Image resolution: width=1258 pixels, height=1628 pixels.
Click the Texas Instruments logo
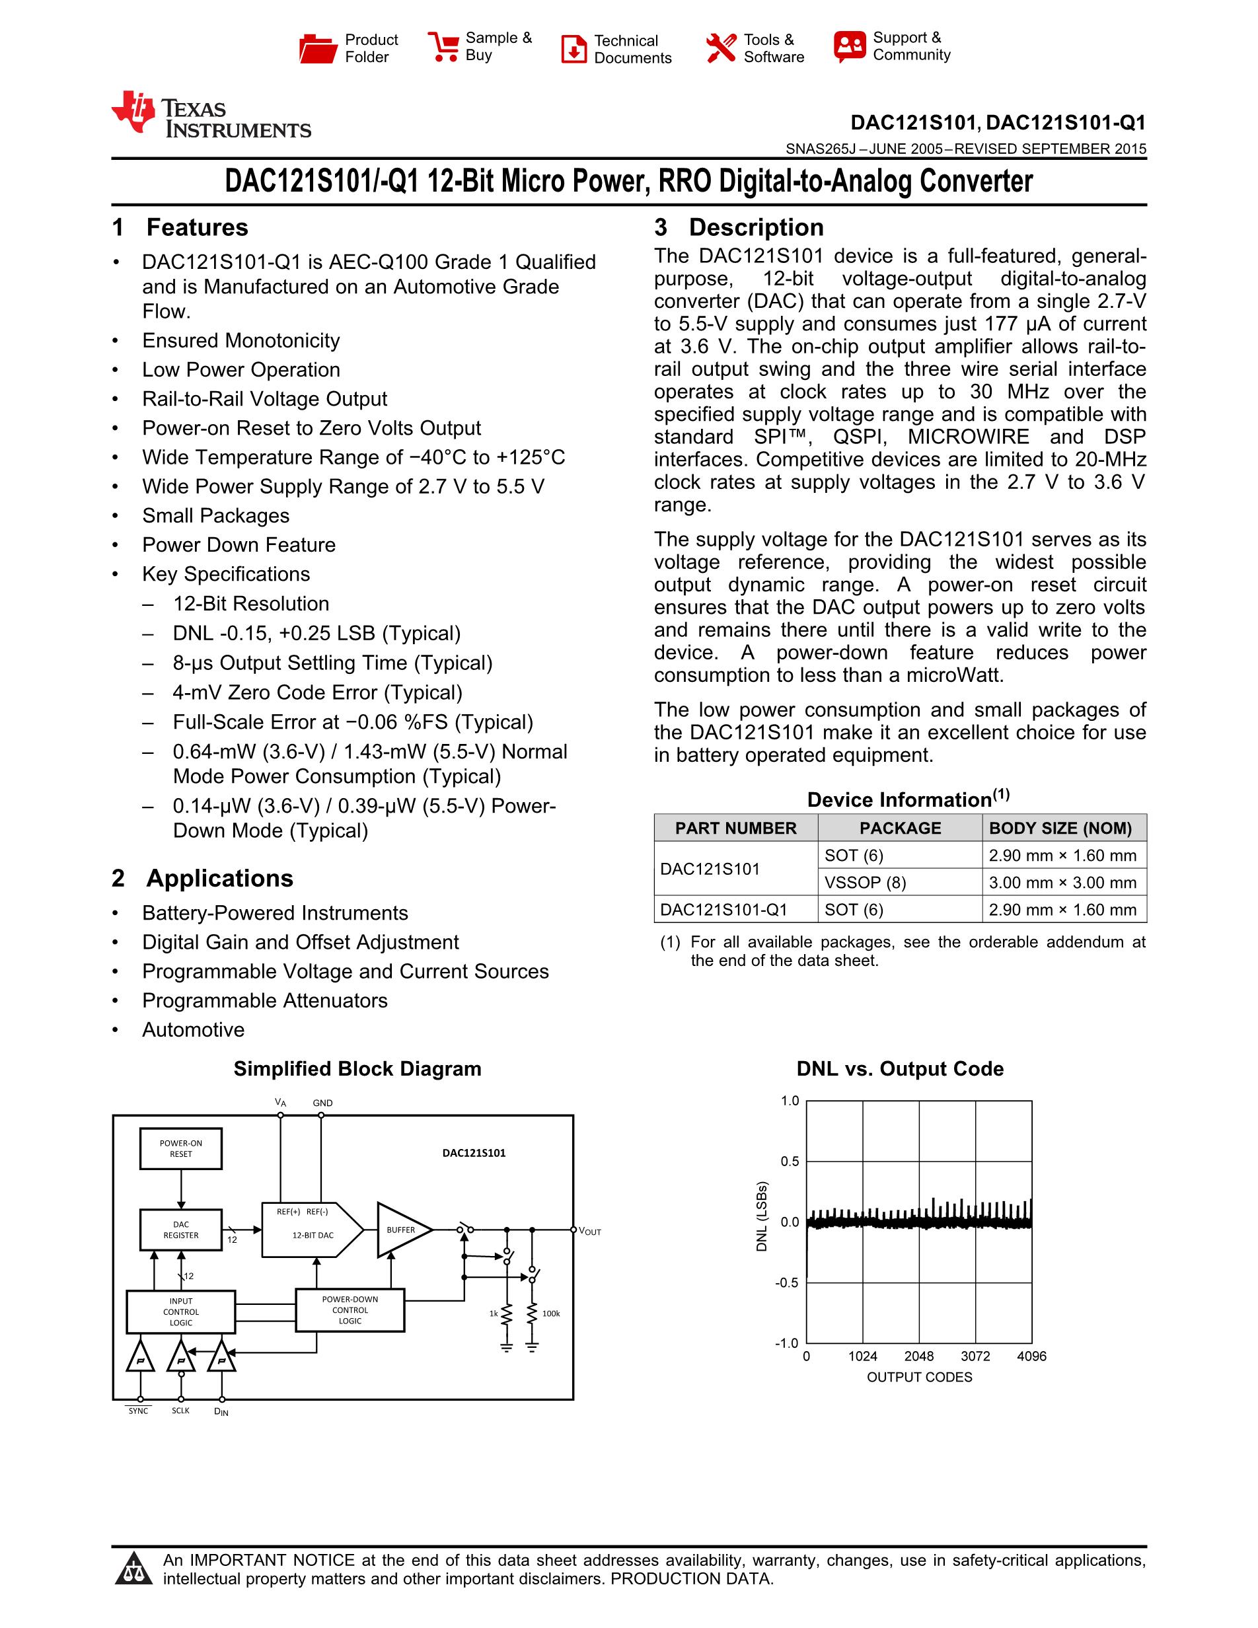pyautogui.click(x=211, y=116)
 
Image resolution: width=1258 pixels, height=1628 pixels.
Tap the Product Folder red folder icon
pyautogui.click(x=318, y=48)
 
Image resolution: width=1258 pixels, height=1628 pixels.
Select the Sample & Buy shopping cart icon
pyautogui.click(x=443, y=46)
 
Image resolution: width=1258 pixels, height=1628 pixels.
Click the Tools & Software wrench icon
pyautogui.click(x=721, y=48)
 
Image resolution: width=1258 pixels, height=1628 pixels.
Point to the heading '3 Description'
pyautogui.click(x=739, y=227)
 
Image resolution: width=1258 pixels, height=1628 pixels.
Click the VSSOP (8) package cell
pyautogui.click(x=864, y=883)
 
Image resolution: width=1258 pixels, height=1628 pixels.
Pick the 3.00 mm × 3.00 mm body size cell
pyautogui.click(x=1062, y=883)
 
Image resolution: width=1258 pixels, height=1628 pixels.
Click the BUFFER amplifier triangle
pyautogui.click(x=402, y=1230)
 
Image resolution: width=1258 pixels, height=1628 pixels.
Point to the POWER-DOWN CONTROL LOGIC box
pyautogui.click(x=350, y=1310)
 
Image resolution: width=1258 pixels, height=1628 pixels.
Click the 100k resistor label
pyautogui.click(x=551, y=1313)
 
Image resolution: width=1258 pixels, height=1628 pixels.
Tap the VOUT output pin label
pyautogui.click(x=589, y=1232)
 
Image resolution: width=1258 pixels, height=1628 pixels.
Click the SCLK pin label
pyautogui.click(x=180, y=1411)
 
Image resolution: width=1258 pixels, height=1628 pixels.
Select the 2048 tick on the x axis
pyautogui.click(x=919, y=1356)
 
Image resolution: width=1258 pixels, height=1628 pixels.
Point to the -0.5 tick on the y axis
pyautogui.click(x=787, y=1283)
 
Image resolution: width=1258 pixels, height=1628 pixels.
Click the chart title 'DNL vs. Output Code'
pyautogui.click(x=899, y=1069)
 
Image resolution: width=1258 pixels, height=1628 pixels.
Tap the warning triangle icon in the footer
pyautogui.click(x=134, y=1569)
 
